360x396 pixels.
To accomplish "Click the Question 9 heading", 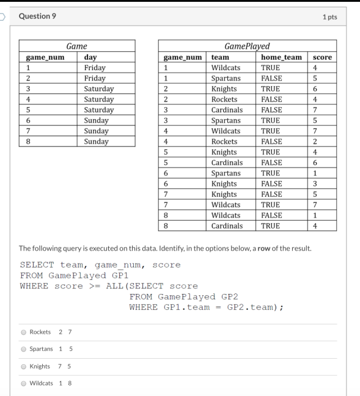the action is click(38, 16).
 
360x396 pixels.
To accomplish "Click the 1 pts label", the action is click(329, 16).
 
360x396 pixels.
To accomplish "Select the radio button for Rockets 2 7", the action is click(23, 332).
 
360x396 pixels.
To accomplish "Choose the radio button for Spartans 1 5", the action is click(23, 350).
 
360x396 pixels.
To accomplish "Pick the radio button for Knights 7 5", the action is click(23, 367).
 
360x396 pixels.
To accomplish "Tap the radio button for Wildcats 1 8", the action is click(23, 384).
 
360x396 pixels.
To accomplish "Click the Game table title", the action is click(77, 46).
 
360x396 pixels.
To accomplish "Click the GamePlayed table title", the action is click(246, 46).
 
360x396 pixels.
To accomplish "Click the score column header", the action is click(321, 57).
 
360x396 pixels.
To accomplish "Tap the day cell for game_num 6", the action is click(97, 120).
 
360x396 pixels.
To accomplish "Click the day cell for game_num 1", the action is click(95, 68).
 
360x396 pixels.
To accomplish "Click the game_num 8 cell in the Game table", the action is click(22, 141).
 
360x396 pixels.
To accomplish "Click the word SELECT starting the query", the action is click(37, 265).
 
